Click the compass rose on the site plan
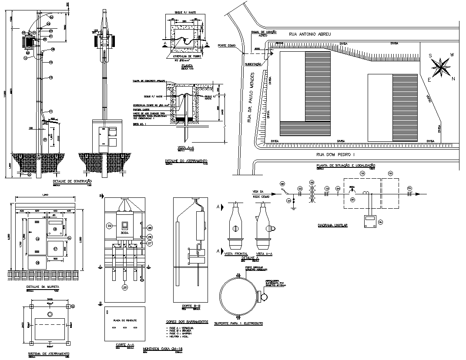442,67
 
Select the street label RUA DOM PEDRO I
335,154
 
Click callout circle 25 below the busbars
125,287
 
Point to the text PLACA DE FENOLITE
125,320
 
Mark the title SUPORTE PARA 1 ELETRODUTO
238,323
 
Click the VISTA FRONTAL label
236,253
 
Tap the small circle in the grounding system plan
50,313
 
